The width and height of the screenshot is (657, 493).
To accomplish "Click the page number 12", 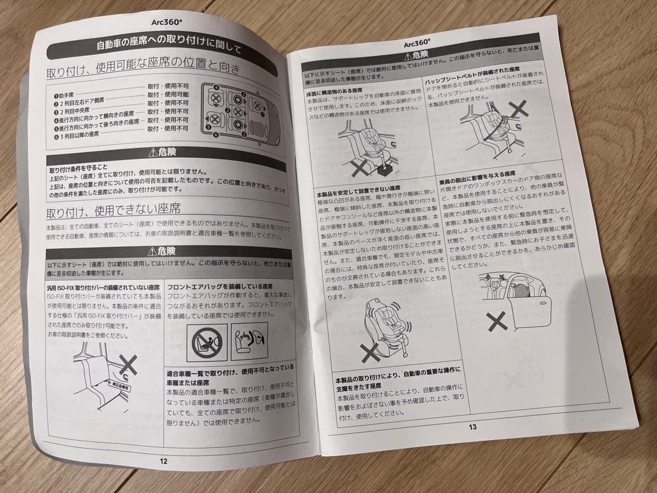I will pos(163,461).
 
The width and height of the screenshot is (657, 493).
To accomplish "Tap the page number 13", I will pos(472,427).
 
